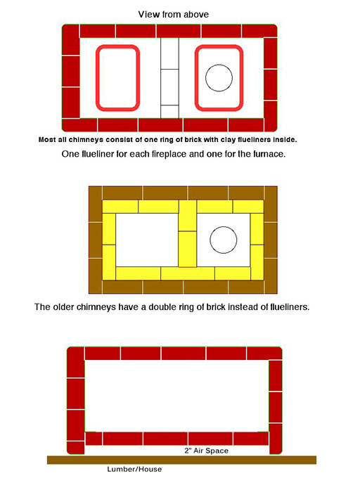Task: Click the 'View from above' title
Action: pyautogui.click(x=173, y=14)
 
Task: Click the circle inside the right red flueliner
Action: pyautogui.click(x=219, y=64)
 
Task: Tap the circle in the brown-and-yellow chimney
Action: pyautogui.click(x=224, y=226)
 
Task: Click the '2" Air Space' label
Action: pyautogui.click(x=206, y=451)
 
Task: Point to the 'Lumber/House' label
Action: pyautogui.click(x=134, y=469)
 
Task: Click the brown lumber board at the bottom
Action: pyautogui.click(x=181, y=460)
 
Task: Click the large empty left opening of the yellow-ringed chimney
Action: pyautogui.click(x=147, y=240)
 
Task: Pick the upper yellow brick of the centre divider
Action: pyautogui.click(x=188, y=215)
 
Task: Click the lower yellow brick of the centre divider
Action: pyautogui.click(x=188, y=249)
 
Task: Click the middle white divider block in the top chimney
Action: pyautogui.click(x=169, y=87)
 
